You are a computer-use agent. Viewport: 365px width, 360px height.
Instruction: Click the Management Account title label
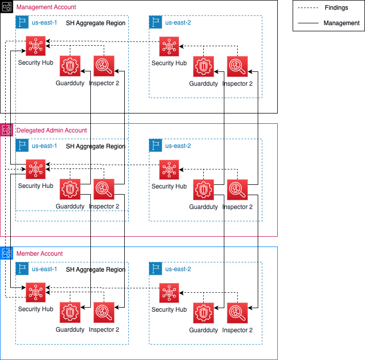[46, 7]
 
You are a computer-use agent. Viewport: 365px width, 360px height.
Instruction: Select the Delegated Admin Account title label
[51, 130]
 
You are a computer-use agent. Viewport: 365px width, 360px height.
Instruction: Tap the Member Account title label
[40, 254]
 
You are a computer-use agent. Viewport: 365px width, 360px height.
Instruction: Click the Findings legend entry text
[336, 8]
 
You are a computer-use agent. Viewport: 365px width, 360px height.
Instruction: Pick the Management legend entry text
[341, 23]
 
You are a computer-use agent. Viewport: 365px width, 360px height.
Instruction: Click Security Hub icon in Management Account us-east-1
[35, 46]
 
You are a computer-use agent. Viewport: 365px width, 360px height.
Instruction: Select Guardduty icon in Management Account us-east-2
[203, 66]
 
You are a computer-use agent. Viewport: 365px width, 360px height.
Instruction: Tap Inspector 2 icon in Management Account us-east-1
[104, 66]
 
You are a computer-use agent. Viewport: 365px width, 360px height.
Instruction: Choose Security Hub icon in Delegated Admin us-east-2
[169, 169]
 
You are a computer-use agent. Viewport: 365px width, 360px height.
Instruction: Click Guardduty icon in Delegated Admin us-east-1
[70, 189]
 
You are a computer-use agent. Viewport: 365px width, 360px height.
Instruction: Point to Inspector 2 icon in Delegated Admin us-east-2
[238, 190]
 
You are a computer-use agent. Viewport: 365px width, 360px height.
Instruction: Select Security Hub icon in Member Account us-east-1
[35, 293]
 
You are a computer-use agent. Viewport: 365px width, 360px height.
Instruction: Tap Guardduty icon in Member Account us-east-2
[203, 313]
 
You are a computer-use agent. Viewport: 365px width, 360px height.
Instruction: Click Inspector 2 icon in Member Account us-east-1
[104, 313]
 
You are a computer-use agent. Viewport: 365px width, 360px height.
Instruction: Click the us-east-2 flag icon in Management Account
[156, 22]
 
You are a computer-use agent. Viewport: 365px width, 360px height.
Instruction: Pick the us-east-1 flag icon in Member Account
[22, 269]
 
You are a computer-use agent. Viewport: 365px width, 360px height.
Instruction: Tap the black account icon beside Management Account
[7, 7]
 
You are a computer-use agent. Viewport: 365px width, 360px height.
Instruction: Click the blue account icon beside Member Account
[7, 253]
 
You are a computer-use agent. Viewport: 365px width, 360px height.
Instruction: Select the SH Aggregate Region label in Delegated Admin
[95, 146]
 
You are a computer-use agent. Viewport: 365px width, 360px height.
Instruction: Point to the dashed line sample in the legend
[308, 8]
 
